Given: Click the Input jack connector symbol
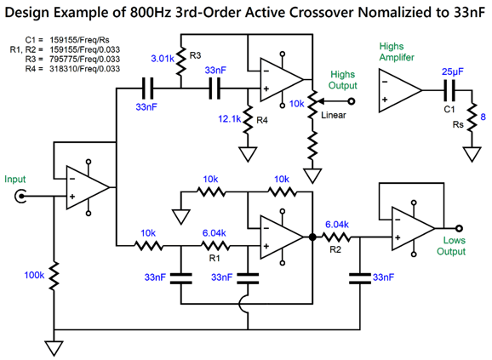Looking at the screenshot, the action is click(x=20, y=197).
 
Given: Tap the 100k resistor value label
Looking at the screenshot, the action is click(x=34, y=276).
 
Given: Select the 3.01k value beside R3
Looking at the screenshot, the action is click(x=163, y=59).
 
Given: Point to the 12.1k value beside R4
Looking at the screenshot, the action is click(x=230, y=119).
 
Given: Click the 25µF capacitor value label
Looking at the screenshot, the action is click(x=453, y=71).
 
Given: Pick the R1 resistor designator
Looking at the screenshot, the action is click(x=215, y=258).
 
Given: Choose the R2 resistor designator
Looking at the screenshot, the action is click(x=335, y=249).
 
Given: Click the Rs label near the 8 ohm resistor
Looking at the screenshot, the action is click(x=458, y=124).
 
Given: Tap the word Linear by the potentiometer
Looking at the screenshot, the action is click(x=333, y=115).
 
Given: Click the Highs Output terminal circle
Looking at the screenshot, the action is click(x=352, y=101).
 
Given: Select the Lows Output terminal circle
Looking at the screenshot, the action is click(x=459, y=228).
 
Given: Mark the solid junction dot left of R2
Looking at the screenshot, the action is click(x=312, y=237).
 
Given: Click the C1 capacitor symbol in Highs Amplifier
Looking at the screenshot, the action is click(x=449, y=90).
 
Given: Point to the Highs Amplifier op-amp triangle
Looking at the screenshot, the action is click(x=400, y=90).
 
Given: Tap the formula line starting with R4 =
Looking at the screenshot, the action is click(x=72, y=69).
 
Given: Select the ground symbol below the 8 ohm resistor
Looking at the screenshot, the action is click(x=472, y=154).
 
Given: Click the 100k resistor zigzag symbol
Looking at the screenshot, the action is click(x=54, y=275).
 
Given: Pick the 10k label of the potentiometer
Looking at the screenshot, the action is click(x=296, y=104).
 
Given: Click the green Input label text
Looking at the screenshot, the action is click(x=14, y=180).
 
